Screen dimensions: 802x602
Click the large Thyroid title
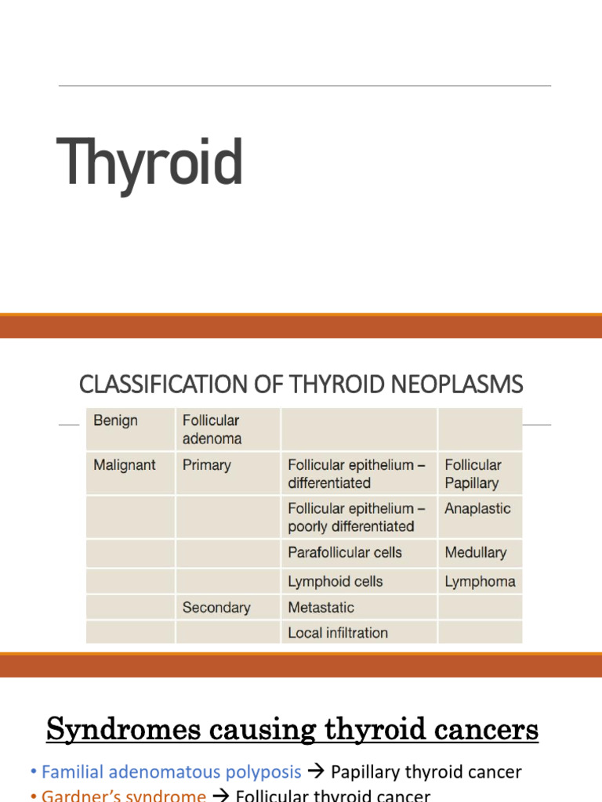pyautogui.click(x=150, y=162)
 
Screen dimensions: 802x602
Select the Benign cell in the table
pyautogui.click(x=115, y=421)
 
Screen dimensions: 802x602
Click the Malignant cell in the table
pyautogui.click(x=124, y=464)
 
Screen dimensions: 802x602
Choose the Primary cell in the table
pyautogui.click(x=206, y=464)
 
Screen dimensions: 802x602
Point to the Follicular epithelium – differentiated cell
pyautogui.click(x=357, y=473)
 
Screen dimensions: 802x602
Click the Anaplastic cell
pyautogui.click(x=477, y=508)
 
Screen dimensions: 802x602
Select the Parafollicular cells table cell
pyautogui.click(x=345, y=552)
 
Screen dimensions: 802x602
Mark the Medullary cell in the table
pyautogui.click(x=476, y=552)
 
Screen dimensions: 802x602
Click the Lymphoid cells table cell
pyautogui.click(x=335, y=581)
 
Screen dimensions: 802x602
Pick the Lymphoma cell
pyautogui.click(x=480, y=581)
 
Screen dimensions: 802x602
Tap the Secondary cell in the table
pyautogui.click(x=216, y=607)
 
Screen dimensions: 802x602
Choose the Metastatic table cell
pyautogui.click(x=321, y=607)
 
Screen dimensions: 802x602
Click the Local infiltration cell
pyautogui.click(x=338, y=632)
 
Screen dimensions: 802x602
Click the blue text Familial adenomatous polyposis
pyautogui.click(x=171, y=772)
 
